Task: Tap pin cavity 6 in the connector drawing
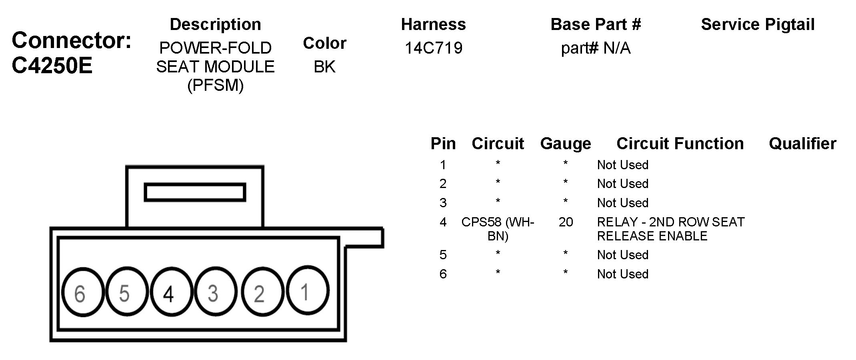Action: click(x=82, y=292)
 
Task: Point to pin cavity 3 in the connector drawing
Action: click(x=215, y=292)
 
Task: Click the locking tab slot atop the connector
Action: click(x=194, y=192)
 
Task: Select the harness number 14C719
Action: click(x=434, y=48)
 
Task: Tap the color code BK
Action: click(x=324, y=67)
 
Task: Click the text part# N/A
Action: click(x=596, y=48)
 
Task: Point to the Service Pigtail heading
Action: click(x=758, y=24)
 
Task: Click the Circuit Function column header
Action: click(x=680, y=144)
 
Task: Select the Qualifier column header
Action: click(x=802, y=144)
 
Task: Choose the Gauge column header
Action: click(x=565, y=144)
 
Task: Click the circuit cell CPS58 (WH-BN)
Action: click(x=498, y=229)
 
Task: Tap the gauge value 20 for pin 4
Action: click(x=566, y=222)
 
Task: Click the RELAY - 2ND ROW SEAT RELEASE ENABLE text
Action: click(x=670, y=229)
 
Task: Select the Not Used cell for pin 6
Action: click(x=622, y=274)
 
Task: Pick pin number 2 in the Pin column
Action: click(x=443, y=184)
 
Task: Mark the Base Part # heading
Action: click(x=596, y=24)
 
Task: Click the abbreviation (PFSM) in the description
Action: click(x=215, y=85)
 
